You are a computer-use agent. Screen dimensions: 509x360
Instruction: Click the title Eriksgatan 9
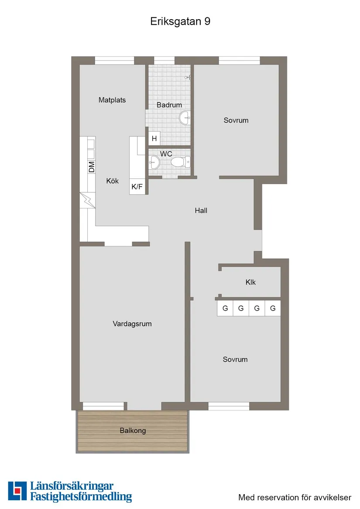click(180, 22)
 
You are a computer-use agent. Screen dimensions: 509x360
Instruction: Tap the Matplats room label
click(112, 100)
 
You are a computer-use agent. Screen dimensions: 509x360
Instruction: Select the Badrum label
click(169, 105)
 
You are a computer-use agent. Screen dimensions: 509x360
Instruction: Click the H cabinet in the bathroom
click(154, 139)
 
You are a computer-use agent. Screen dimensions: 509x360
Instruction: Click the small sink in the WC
click(154, 163)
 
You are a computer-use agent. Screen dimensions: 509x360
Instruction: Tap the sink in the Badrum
click(185, 116)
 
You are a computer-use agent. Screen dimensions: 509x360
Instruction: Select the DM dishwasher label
click(92, 167)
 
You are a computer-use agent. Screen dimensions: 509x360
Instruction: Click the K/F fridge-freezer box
click(137, 187)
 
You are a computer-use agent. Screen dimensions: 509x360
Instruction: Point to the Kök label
click(112, 181)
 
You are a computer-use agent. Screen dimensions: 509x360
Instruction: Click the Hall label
click(201, 211)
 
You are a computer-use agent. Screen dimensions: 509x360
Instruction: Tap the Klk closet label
click(250, 282)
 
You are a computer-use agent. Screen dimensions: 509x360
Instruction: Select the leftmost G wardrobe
click(225, 308)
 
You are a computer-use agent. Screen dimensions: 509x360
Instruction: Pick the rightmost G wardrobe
click(273, 308)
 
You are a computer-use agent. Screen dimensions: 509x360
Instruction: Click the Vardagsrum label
click(132, 324)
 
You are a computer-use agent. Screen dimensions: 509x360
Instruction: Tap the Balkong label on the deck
click(133, 430)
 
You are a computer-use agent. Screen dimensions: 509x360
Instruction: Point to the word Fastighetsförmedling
click(81, 496)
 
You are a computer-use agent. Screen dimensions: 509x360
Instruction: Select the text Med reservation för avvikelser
click(295, 497)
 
